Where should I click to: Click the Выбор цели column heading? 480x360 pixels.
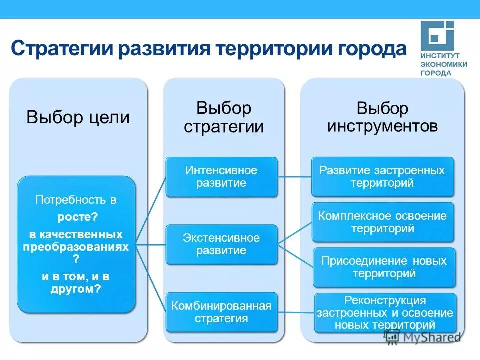78,118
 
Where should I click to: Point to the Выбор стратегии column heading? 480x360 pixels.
224,117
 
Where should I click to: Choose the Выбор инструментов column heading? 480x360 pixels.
382,117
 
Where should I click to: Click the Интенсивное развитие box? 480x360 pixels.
221,177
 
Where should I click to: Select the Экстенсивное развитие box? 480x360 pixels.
221,244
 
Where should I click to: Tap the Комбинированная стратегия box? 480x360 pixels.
221,312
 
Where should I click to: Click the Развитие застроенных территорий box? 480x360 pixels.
382,177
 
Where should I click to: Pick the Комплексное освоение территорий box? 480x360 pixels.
383,222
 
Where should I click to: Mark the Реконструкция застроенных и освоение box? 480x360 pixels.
385,313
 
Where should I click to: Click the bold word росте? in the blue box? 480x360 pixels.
77,217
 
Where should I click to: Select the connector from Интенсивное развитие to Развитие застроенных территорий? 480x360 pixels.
294,176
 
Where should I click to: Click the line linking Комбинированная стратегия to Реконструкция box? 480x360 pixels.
296,312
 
